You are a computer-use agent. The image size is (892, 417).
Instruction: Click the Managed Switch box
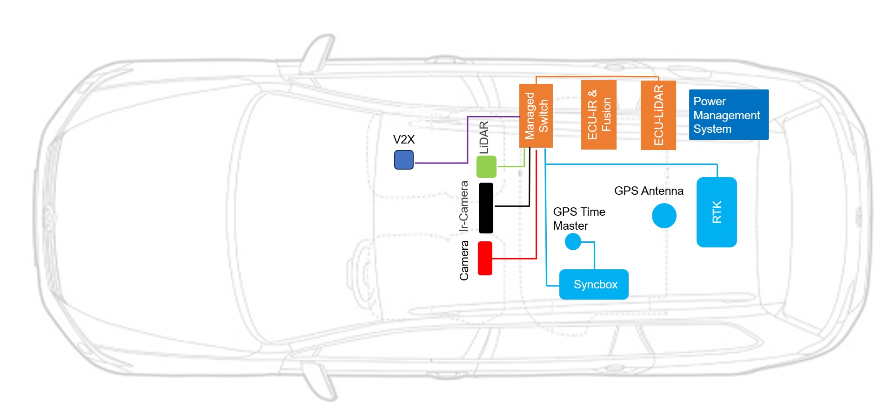536,116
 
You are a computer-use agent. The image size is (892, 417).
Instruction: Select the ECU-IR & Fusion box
598,115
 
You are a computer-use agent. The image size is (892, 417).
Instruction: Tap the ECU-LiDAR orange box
658,115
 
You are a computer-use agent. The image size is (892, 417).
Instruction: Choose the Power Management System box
728,115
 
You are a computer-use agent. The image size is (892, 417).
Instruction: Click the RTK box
716,212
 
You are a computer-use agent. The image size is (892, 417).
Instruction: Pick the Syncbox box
593,284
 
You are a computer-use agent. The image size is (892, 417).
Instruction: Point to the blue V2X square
403,160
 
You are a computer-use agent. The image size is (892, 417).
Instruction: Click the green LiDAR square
486,167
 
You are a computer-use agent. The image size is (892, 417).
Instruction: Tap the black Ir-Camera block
486,208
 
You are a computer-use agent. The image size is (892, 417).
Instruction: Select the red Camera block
485,258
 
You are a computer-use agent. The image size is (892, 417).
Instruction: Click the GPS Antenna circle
664,216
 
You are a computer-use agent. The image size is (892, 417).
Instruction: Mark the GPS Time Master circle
573,241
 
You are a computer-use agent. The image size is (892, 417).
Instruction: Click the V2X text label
403,139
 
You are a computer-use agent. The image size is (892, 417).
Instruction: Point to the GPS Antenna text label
648,191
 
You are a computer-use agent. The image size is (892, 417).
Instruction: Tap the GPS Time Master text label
578,219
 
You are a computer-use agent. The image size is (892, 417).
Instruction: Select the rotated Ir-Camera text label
463,206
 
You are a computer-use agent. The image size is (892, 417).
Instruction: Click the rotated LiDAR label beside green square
484,137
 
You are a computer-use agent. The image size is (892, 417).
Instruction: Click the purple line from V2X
467,140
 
